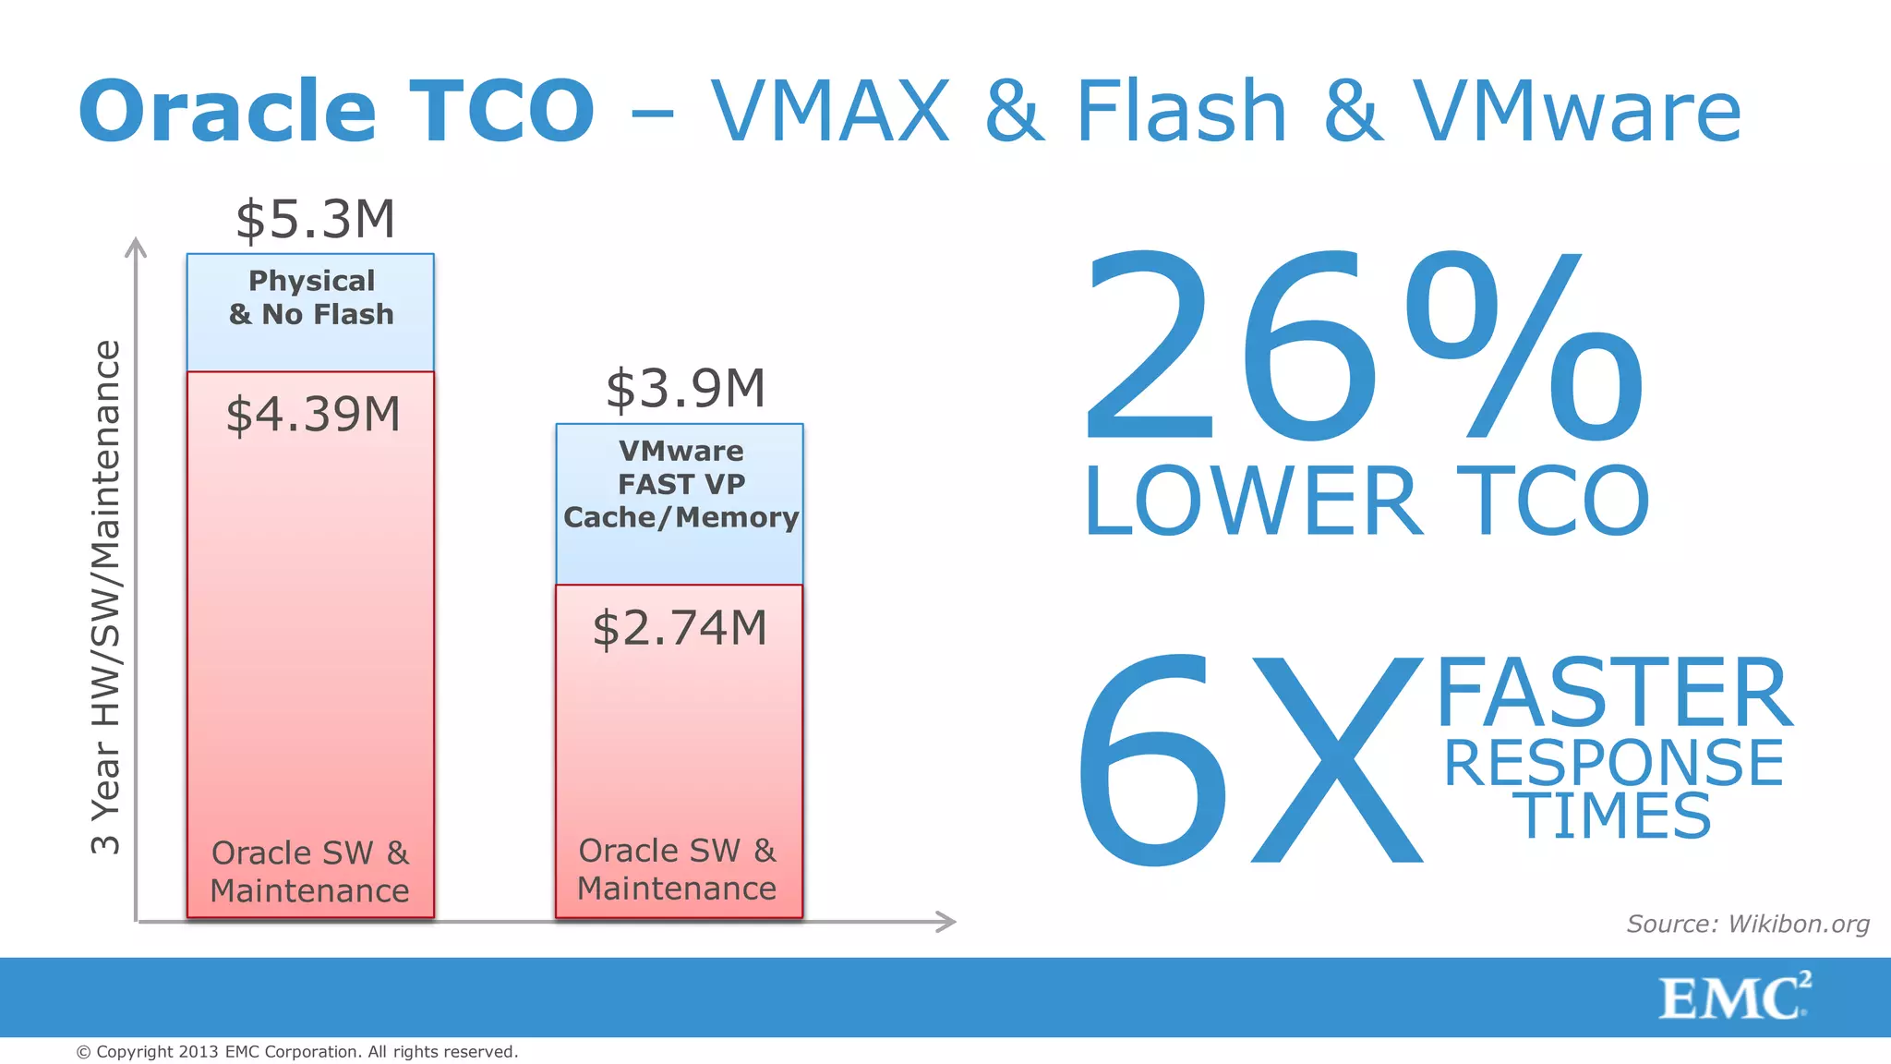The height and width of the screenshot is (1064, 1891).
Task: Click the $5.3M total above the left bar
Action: point(315,220)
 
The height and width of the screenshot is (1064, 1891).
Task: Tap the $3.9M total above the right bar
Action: point(685,388)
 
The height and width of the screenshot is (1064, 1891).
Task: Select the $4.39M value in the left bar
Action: point(313,414)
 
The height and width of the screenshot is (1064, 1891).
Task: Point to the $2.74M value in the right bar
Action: point(680,628)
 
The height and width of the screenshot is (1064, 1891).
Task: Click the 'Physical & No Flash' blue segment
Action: point(311,312)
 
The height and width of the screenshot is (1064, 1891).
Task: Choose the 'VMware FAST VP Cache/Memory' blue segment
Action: point(681,503)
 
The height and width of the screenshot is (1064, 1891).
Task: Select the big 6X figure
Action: point(1247,759)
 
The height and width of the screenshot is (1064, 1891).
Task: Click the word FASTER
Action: point(1613,693)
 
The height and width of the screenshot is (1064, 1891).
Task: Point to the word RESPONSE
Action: point(1613,763)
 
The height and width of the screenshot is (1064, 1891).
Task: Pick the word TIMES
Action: point(1613,816)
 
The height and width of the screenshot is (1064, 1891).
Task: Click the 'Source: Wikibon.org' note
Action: point(1747,924)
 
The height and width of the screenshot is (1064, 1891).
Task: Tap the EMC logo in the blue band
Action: point(1733,997)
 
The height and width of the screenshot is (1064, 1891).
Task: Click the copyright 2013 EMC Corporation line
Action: point(296,1052)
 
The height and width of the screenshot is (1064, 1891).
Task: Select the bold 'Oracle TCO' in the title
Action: point(337,111)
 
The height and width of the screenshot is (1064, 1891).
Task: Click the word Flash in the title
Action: point(1181,111)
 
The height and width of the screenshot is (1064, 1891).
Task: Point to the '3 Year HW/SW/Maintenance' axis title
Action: point(106,597)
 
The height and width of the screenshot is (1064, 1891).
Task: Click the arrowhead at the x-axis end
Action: point(946,921)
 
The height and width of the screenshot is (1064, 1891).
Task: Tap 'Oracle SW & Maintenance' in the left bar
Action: point(310,871)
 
